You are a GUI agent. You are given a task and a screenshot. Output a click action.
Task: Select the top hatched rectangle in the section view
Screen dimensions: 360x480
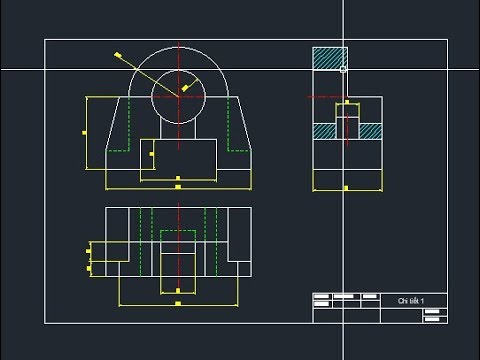coord(329,58)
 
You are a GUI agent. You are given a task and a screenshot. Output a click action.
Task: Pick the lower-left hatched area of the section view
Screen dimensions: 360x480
coord(323,130)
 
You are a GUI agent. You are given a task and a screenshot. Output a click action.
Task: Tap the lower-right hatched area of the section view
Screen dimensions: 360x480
coord(369,130)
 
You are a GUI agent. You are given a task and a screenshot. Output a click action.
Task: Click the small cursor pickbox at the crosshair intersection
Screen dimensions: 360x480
coord(343,69)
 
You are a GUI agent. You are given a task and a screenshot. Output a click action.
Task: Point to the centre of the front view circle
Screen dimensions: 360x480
coord(179,96)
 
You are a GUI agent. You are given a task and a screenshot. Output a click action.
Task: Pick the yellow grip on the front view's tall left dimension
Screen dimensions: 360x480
coord(85,132)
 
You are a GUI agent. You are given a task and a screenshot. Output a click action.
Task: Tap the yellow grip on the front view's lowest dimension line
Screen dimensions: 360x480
coord(178,187)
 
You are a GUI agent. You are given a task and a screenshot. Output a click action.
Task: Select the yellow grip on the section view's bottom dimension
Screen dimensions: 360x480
coord(346,188)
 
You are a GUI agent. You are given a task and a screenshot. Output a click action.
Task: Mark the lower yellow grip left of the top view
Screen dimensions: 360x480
coord(89,268)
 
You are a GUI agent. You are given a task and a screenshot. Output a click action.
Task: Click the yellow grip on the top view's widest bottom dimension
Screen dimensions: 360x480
coord(178,303)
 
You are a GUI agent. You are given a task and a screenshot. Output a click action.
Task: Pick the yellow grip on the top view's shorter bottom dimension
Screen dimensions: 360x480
coord(178,291)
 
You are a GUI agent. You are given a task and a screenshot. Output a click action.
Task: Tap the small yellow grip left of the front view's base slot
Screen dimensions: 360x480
coord(151,155)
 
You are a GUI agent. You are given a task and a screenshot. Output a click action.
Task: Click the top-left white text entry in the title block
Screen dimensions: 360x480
coord(322,297)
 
